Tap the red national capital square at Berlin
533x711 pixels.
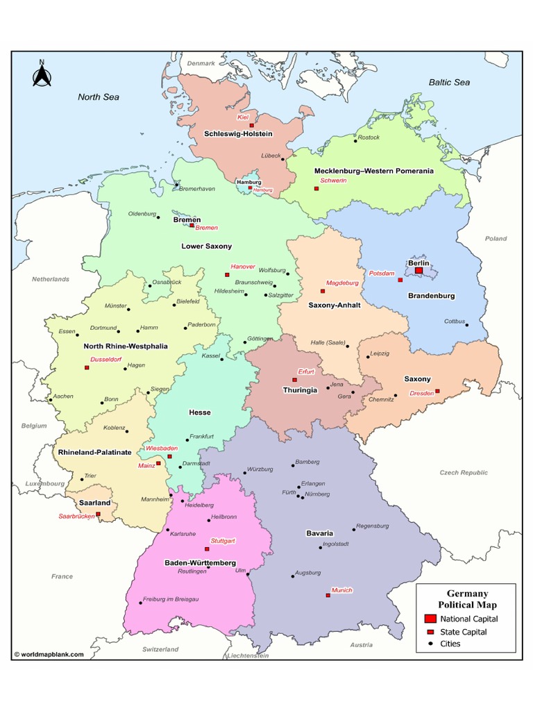tap(418, 271)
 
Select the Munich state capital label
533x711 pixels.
tap(341, 589)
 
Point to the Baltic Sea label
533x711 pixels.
tap(449, 82)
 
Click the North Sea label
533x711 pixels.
tap(98, 97)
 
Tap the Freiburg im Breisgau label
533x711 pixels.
tap(171, 599)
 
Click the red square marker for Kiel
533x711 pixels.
tap(252, 125)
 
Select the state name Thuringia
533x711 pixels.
tap(300, 390)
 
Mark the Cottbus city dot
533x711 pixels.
tap(467, 324)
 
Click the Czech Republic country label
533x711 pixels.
tap(464, 472)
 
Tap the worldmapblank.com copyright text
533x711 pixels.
tap(49, 654)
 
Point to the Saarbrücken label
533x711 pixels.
tap(76, 516)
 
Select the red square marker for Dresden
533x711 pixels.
tap(437, 391)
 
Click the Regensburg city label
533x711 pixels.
tap(372, 526)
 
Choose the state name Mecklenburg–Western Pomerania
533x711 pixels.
tap(373, 171)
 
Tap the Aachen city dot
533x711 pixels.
tap(50, 400)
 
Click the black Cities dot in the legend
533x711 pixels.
tap(430, 644)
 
